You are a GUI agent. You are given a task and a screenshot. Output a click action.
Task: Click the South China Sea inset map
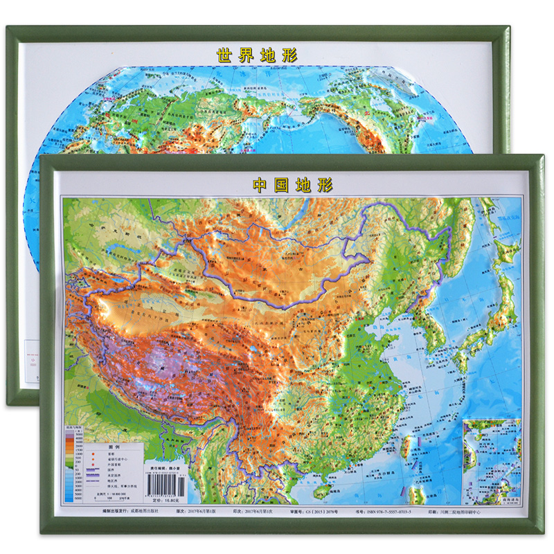click(x=491, y=461)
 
